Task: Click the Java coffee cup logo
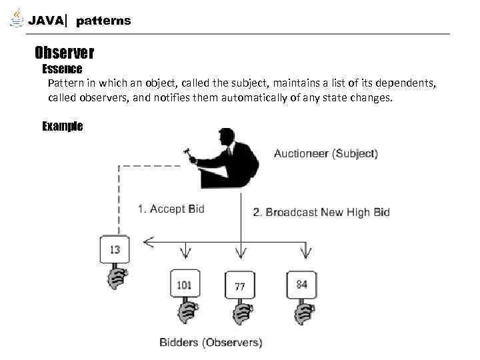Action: (x=16, y=18)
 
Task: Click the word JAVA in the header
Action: (x=46, y=21)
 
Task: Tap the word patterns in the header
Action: (x=103, y=21)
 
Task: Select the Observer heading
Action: (x=64, y=52)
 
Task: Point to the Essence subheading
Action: (x=62, y=69)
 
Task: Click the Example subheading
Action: (x=62, y=126)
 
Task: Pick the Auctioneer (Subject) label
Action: (x=325, y=153)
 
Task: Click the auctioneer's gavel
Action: (x=191, y=153)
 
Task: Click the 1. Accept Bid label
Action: (x=171, y=209)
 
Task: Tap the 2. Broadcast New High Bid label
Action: (x=321, y=213)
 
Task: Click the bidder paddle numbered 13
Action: (x=115, y=250)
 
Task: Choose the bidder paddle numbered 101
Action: (x=185, y=285)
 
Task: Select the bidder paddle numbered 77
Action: (x=239, y=287)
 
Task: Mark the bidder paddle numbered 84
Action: (x=301, y=285)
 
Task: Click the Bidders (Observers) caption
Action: (x=211, y=343)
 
